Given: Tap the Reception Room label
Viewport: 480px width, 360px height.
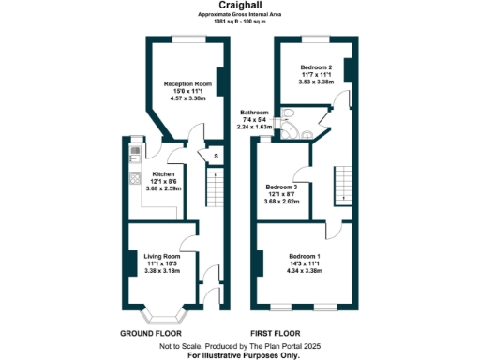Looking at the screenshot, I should click(187, 84).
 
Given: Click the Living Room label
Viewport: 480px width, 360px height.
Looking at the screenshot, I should click(161, 254).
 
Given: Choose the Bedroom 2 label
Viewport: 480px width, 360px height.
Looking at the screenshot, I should click(316, 68).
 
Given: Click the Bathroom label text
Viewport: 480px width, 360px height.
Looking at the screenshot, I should click(255, 111).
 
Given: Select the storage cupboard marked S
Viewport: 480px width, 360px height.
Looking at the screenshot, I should click(217, 157).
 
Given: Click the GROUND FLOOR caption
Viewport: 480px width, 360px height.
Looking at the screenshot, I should click(152, 333).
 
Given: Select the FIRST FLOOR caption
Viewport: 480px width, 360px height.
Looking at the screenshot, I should click(277, 333).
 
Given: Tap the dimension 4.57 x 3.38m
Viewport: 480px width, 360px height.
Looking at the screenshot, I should click(187, 97).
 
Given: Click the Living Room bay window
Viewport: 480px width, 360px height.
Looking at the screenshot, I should click(161, 308).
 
